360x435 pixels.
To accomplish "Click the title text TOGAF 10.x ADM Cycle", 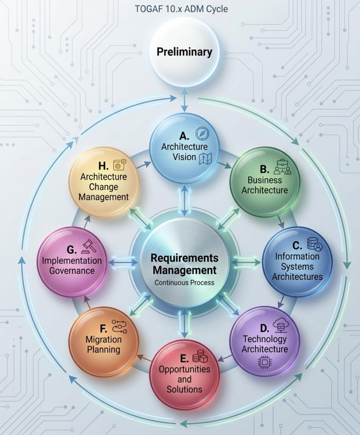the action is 181,9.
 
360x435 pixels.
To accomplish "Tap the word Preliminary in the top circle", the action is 184,52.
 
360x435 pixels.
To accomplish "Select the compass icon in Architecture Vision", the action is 202,133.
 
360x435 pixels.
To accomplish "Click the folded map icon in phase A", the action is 205,159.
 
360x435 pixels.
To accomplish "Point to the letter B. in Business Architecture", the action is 264,169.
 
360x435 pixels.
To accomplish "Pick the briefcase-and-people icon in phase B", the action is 282,167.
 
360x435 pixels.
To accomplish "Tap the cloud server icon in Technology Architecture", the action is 281,325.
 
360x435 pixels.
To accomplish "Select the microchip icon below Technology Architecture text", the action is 265,363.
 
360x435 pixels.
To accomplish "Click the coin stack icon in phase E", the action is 200,356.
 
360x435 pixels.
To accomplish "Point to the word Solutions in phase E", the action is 184,389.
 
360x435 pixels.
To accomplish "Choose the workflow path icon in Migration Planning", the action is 120,327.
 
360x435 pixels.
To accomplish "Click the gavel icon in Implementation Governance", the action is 89,246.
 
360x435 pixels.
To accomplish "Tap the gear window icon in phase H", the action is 120,164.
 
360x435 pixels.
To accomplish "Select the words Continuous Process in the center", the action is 184,282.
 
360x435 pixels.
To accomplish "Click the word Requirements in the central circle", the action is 184,258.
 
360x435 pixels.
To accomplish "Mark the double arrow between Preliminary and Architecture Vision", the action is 184,100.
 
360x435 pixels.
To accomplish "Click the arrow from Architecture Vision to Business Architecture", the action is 224,165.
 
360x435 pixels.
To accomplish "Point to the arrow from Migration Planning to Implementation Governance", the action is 87,302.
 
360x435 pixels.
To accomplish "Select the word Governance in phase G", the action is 72,271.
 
